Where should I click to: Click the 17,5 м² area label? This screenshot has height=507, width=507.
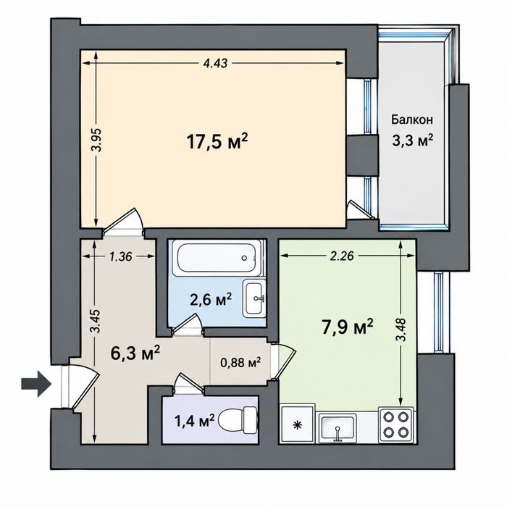217,142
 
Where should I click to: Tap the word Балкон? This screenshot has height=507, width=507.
412,120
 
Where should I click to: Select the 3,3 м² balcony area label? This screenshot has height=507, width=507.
413,141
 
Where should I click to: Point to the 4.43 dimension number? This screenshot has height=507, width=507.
215,63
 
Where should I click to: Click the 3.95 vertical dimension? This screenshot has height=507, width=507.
96,140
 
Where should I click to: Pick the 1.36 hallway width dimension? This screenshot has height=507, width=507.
120,256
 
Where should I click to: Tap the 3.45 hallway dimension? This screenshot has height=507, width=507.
96,322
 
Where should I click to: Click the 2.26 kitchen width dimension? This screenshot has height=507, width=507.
341,256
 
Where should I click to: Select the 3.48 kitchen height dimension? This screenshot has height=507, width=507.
401,330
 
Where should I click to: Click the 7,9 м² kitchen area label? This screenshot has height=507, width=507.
347,327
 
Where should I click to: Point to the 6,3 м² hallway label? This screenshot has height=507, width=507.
135,353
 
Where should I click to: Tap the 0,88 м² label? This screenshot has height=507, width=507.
240,363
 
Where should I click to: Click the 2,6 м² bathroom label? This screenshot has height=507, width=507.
211,301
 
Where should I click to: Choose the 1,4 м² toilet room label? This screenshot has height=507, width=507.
194,421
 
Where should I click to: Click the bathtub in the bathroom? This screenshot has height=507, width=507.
217,258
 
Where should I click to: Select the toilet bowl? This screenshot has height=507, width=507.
238,420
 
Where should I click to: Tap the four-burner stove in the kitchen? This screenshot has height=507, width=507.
396,424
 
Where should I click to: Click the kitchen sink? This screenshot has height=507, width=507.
338,429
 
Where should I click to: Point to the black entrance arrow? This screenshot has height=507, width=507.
36,384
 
